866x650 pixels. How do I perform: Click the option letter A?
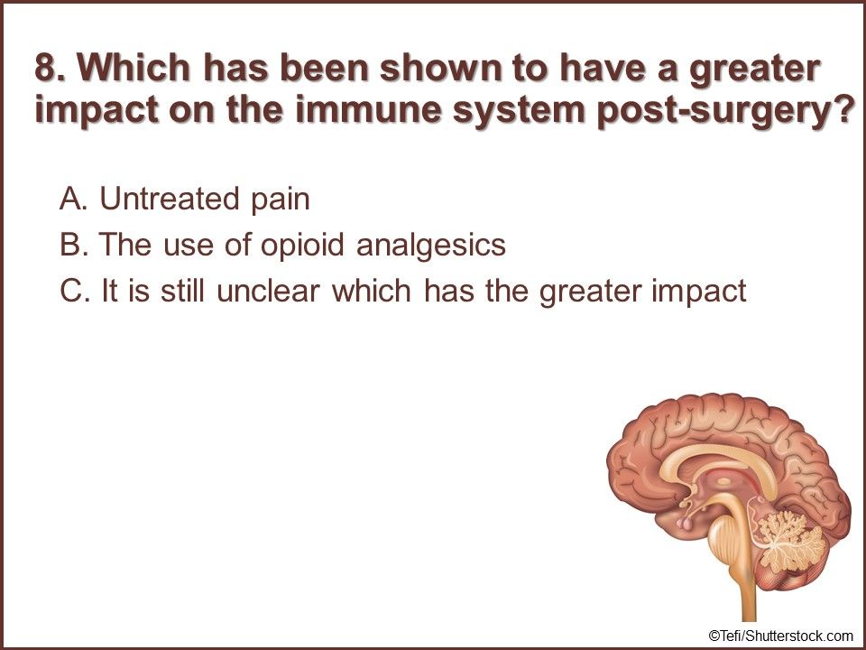tap(73, 199)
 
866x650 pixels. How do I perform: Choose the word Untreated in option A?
tap(170, 199)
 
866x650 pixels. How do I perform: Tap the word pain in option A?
tap(281, 200)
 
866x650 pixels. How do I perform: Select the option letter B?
tap(73, 245)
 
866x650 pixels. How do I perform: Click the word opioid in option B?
tap(302, 246)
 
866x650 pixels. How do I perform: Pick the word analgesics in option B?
tap(431, 246)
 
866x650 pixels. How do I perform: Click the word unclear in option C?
tap(269, 291)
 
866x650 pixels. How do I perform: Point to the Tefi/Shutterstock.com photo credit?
tap(780, 635)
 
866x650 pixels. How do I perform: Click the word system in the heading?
tap(519, 110)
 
